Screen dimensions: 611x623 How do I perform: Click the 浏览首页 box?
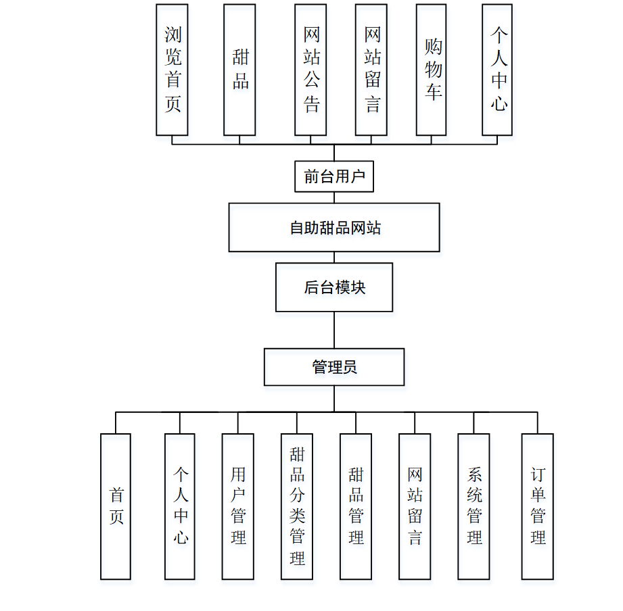172,70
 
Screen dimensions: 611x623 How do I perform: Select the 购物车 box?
431,70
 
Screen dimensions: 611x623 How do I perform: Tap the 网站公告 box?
310,70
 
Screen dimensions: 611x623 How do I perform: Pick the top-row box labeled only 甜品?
239,70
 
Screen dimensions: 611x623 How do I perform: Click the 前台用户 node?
334,176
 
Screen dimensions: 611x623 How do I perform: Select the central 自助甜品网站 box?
334,228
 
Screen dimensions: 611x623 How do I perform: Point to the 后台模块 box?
334,287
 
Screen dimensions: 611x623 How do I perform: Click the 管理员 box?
334,367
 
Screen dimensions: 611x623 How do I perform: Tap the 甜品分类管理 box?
297,506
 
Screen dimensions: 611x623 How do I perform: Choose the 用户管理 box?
238,506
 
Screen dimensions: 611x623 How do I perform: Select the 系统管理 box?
474,506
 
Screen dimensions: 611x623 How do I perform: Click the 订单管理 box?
538,506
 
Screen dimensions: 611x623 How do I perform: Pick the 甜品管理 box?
356,506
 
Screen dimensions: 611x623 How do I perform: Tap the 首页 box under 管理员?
116,506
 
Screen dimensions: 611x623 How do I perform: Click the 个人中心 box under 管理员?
180,506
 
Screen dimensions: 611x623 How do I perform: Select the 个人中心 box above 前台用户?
497,70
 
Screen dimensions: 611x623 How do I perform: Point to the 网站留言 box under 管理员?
415,506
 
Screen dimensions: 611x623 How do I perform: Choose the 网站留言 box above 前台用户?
371,70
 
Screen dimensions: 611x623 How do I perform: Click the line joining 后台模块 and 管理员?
334,330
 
